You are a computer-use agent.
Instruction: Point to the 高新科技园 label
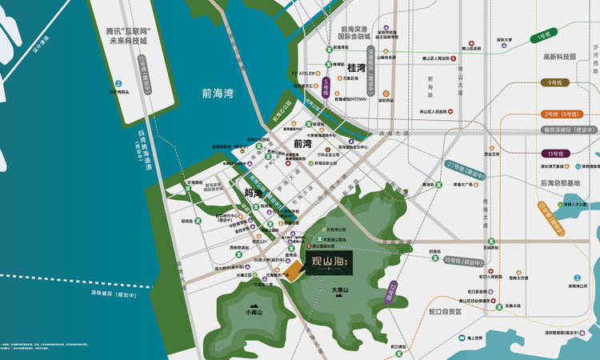[560, 57]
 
